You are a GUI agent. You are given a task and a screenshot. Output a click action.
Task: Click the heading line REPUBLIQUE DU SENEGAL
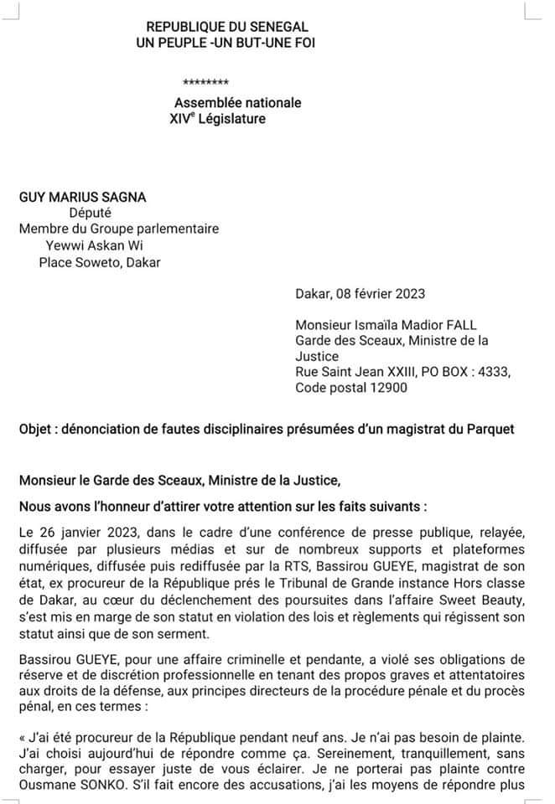(215, 28)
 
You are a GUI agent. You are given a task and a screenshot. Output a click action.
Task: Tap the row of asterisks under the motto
(205, 83)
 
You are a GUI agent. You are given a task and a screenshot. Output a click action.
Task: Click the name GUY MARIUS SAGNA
(82, 197)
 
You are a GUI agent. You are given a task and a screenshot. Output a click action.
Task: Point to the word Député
(90, 213)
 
